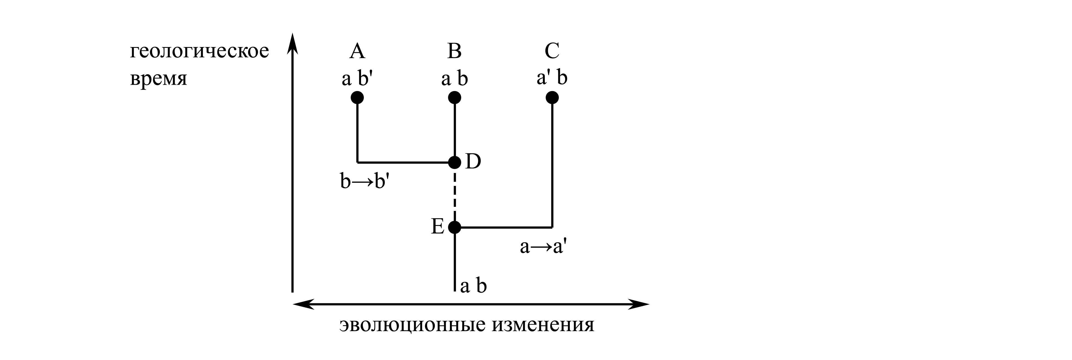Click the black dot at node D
point(454,162)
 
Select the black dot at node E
point(454,227)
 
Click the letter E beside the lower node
point(437,227)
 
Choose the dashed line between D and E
point(454,195)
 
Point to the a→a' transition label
point(543,247)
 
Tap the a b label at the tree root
point(473,286)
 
